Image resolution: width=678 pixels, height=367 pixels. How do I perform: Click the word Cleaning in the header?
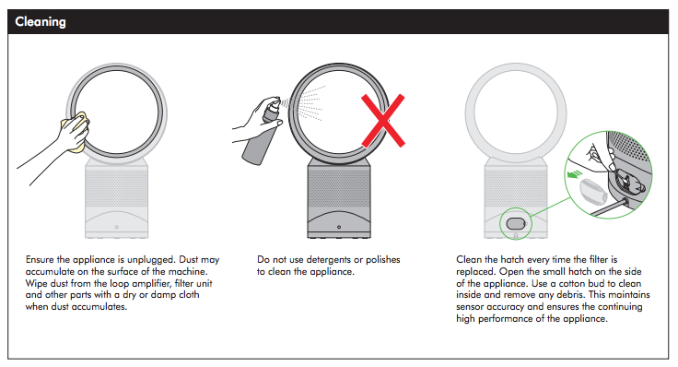[41, 21]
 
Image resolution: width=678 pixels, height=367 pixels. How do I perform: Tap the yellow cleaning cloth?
[76, 132]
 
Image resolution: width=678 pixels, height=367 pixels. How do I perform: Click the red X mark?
[383, 120]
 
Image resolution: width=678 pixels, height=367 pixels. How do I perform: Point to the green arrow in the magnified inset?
[575, 174]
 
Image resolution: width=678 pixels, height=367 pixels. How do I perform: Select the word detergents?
[329, 260]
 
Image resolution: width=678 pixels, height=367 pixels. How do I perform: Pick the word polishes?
[382, 260]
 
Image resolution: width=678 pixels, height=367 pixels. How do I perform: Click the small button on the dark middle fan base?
[339, 227]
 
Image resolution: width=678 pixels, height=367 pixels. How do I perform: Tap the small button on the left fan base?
[116, 227]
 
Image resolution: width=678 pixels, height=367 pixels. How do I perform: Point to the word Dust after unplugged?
[189, 260]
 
